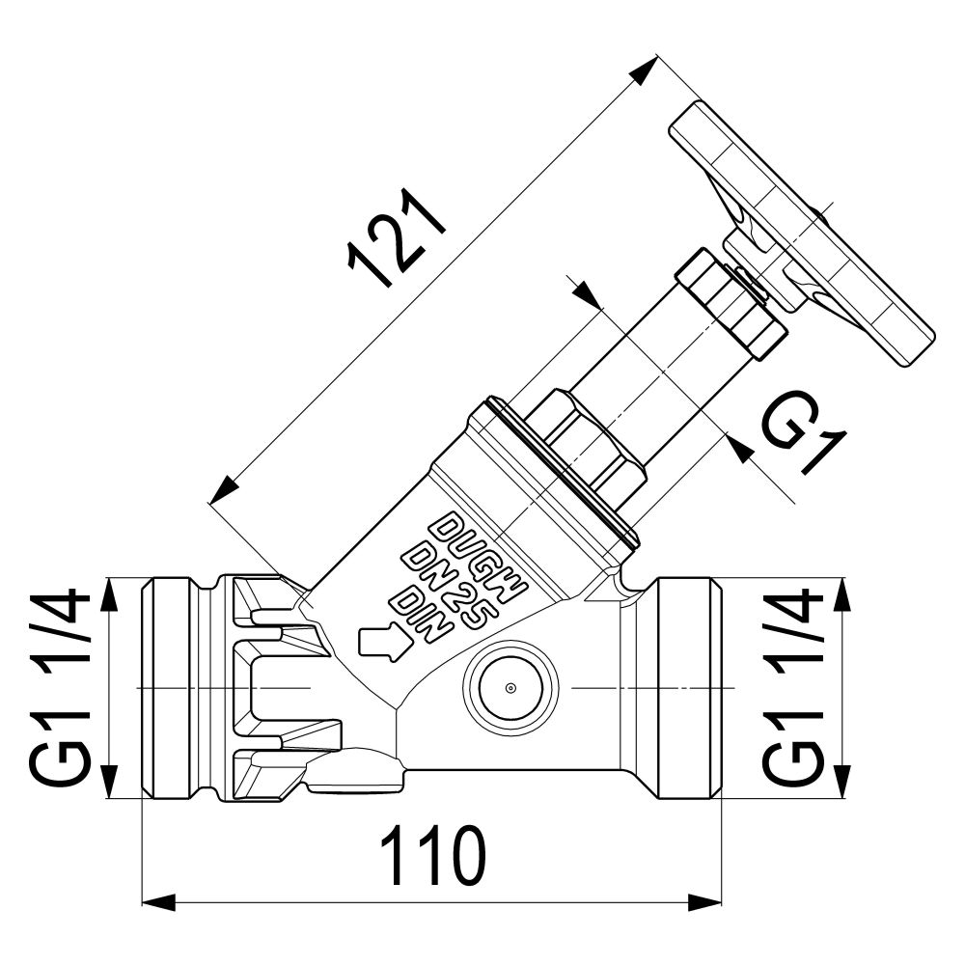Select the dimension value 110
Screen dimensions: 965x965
(433, 857)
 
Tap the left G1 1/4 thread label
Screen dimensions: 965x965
(59, 688)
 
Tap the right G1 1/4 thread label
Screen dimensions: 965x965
(792, 688)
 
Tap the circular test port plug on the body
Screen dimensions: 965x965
(510, 687)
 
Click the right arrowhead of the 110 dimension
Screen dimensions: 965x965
(704, 903)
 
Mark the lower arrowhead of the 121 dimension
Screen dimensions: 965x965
(224, 490)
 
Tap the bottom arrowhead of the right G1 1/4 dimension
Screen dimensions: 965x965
(841, 782)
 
